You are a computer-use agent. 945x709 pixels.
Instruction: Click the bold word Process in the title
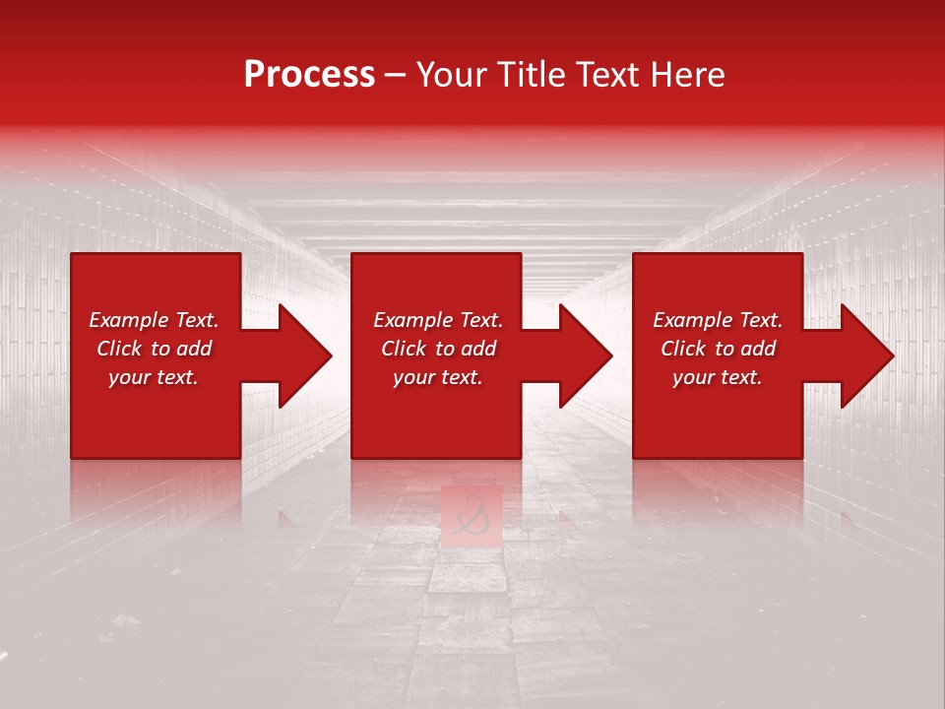309,75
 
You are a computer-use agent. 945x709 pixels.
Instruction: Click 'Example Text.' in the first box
154,320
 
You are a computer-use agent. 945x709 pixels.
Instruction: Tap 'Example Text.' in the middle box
438,320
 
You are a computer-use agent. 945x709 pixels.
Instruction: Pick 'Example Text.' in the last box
718,320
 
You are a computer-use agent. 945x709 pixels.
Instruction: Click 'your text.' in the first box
154,377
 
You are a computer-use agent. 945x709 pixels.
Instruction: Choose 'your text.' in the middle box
438,377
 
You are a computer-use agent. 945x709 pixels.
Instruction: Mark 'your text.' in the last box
718,377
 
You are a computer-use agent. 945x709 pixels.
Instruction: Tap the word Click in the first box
119,349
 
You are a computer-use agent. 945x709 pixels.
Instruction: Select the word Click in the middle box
404,349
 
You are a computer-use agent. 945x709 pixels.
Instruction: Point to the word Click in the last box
683,349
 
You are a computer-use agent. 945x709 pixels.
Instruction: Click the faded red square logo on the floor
472,514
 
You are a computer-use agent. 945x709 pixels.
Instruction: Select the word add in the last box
757,349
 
